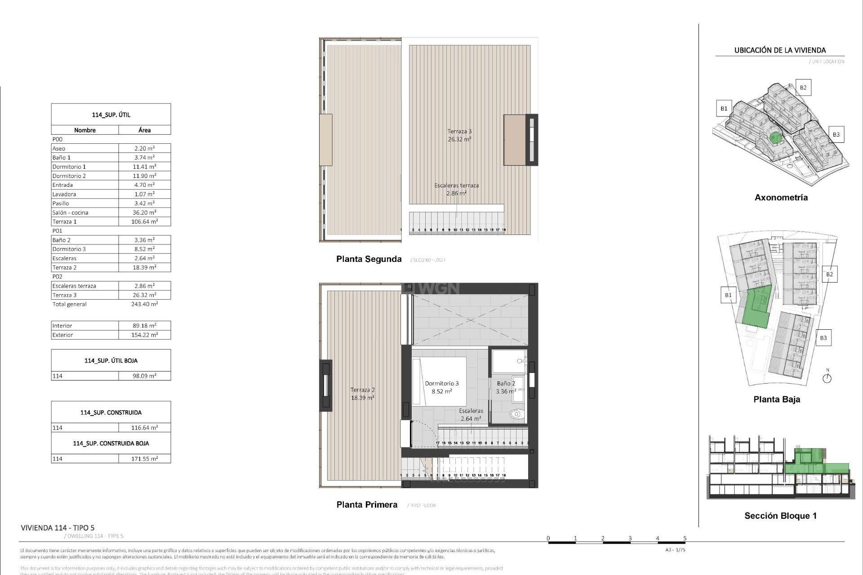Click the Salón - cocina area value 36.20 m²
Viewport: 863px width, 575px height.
pos(144,212)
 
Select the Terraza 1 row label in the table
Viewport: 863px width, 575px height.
pos(64,221)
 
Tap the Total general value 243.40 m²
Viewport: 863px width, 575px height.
pos(144,304)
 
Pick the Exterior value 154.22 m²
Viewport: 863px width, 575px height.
pos(144,335)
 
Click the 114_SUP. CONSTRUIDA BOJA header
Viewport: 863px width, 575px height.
pos(111,443)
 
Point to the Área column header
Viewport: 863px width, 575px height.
pos(144,130)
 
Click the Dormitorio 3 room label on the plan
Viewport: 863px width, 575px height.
pos(441,383)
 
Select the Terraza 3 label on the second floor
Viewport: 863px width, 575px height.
pos(459,132)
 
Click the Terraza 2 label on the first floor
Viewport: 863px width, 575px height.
pos(362,390)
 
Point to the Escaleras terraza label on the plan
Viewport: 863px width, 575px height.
pos(456,186)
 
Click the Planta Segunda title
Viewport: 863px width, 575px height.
pos(369,259)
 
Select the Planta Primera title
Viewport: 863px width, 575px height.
pos(367,504)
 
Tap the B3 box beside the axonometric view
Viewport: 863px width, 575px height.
pos(836,134)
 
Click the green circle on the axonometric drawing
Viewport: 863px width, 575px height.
pos(774,137)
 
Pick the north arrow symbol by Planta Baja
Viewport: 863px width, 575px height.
pos(827,378)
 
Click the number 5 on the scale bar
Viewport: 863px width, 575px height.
pos(685,538)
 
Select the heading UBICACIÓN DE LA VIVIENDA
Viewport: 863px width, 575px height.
pos(780,50)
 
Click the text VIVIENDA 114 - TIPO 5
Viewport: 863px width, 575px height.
pos(58,528)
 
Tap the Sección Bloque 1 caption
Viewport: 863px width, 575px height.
pos(780,516)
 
